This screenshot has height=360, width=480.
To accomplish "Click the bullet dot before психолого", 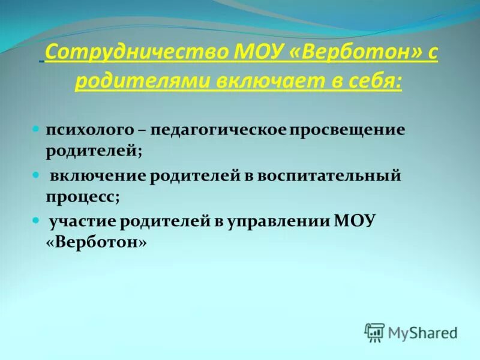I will click(x=35, y=129).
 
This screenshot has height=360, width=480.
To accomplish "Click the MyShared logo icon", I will click(x=374, y=332).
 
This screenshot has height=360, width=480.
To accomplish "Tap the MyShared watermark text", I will click(x=422, y=332).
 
